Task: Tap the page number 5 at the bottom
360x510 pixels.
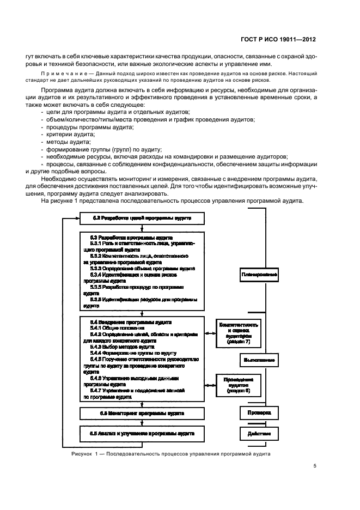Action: (x=315, y=466)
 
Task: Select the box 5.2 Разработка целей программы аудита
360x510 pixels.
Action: (x=142, y=218)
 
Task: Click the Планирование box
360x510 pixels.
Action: (x=259, y=275)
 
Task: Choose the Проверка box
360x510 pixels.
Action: (x=259, y=412)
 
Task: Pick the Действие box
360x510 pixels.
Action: (x=259, y=434)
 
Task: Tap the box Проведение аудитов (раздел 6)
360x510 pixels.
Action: (x=237, y=385)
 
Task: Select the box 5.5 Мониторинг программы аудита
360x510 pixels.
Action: (x=142, y=414)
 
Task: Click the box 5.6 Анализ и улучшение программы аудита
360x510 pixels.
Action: (x=142, y=433)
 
